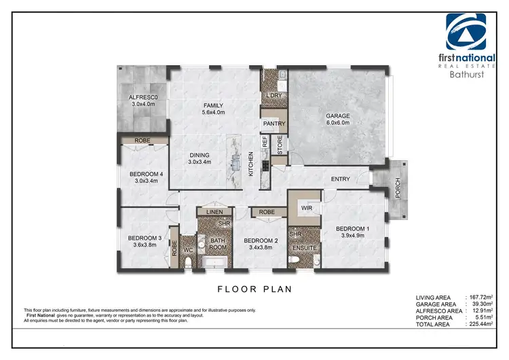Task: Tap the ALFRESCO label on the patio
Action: click(143, 101)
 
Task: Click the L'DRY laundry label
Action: click(274, 96)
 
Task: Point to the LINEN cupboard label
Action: click(214, 213)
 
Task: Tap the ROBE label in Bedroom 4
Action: click(143, 141)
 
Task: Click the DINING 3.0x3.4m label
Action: click(200, 158)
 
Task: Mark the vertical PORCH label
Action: click(398, 191)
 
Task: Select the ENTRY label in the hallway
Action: click(340, 179)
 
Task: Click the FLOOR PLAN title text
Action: click(254, 289)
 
